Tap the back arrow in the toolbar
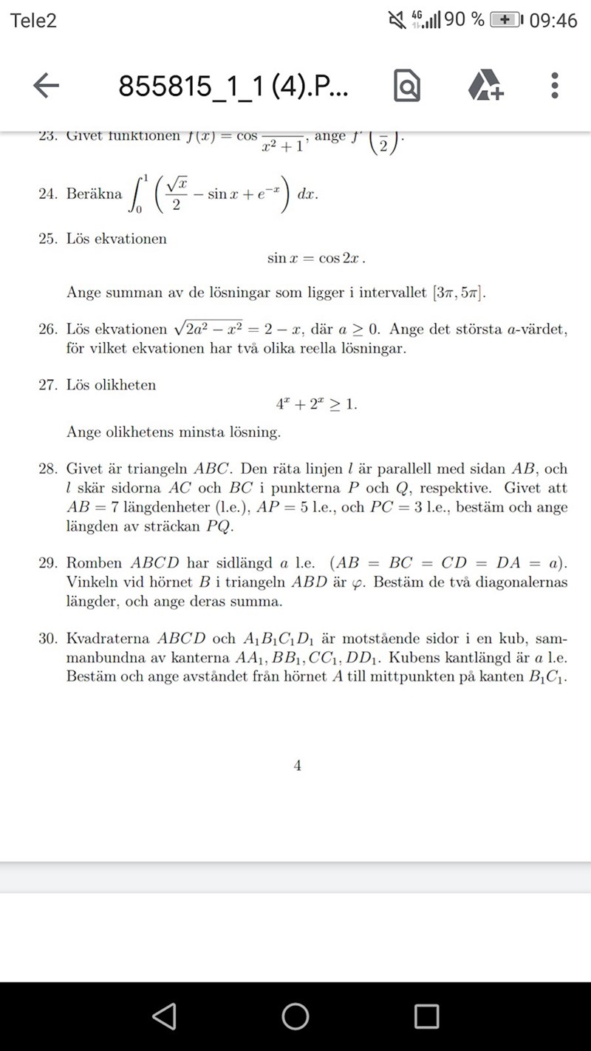click(46, 86)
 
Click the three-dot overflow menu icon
click(555, 86)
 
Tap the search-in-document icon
click(407, 86)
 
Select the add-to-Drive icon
click(485, 86)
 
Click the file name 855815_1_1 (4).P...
click(233, 86)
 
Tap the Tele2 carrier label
click(33, 21)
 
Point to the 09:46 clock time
click(553, 21)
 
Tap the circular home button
click(295, 1016)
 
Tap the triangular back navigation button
click(164, 1016)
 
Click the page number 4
click(297, 766)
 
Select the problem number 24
click(48, 194)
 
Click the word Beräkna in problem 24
click(94, 194)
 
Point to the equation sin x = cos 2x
click(316, 259)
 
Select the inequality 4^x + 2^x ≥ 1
click(316, 404)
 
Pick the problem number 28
click(48, 469)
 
